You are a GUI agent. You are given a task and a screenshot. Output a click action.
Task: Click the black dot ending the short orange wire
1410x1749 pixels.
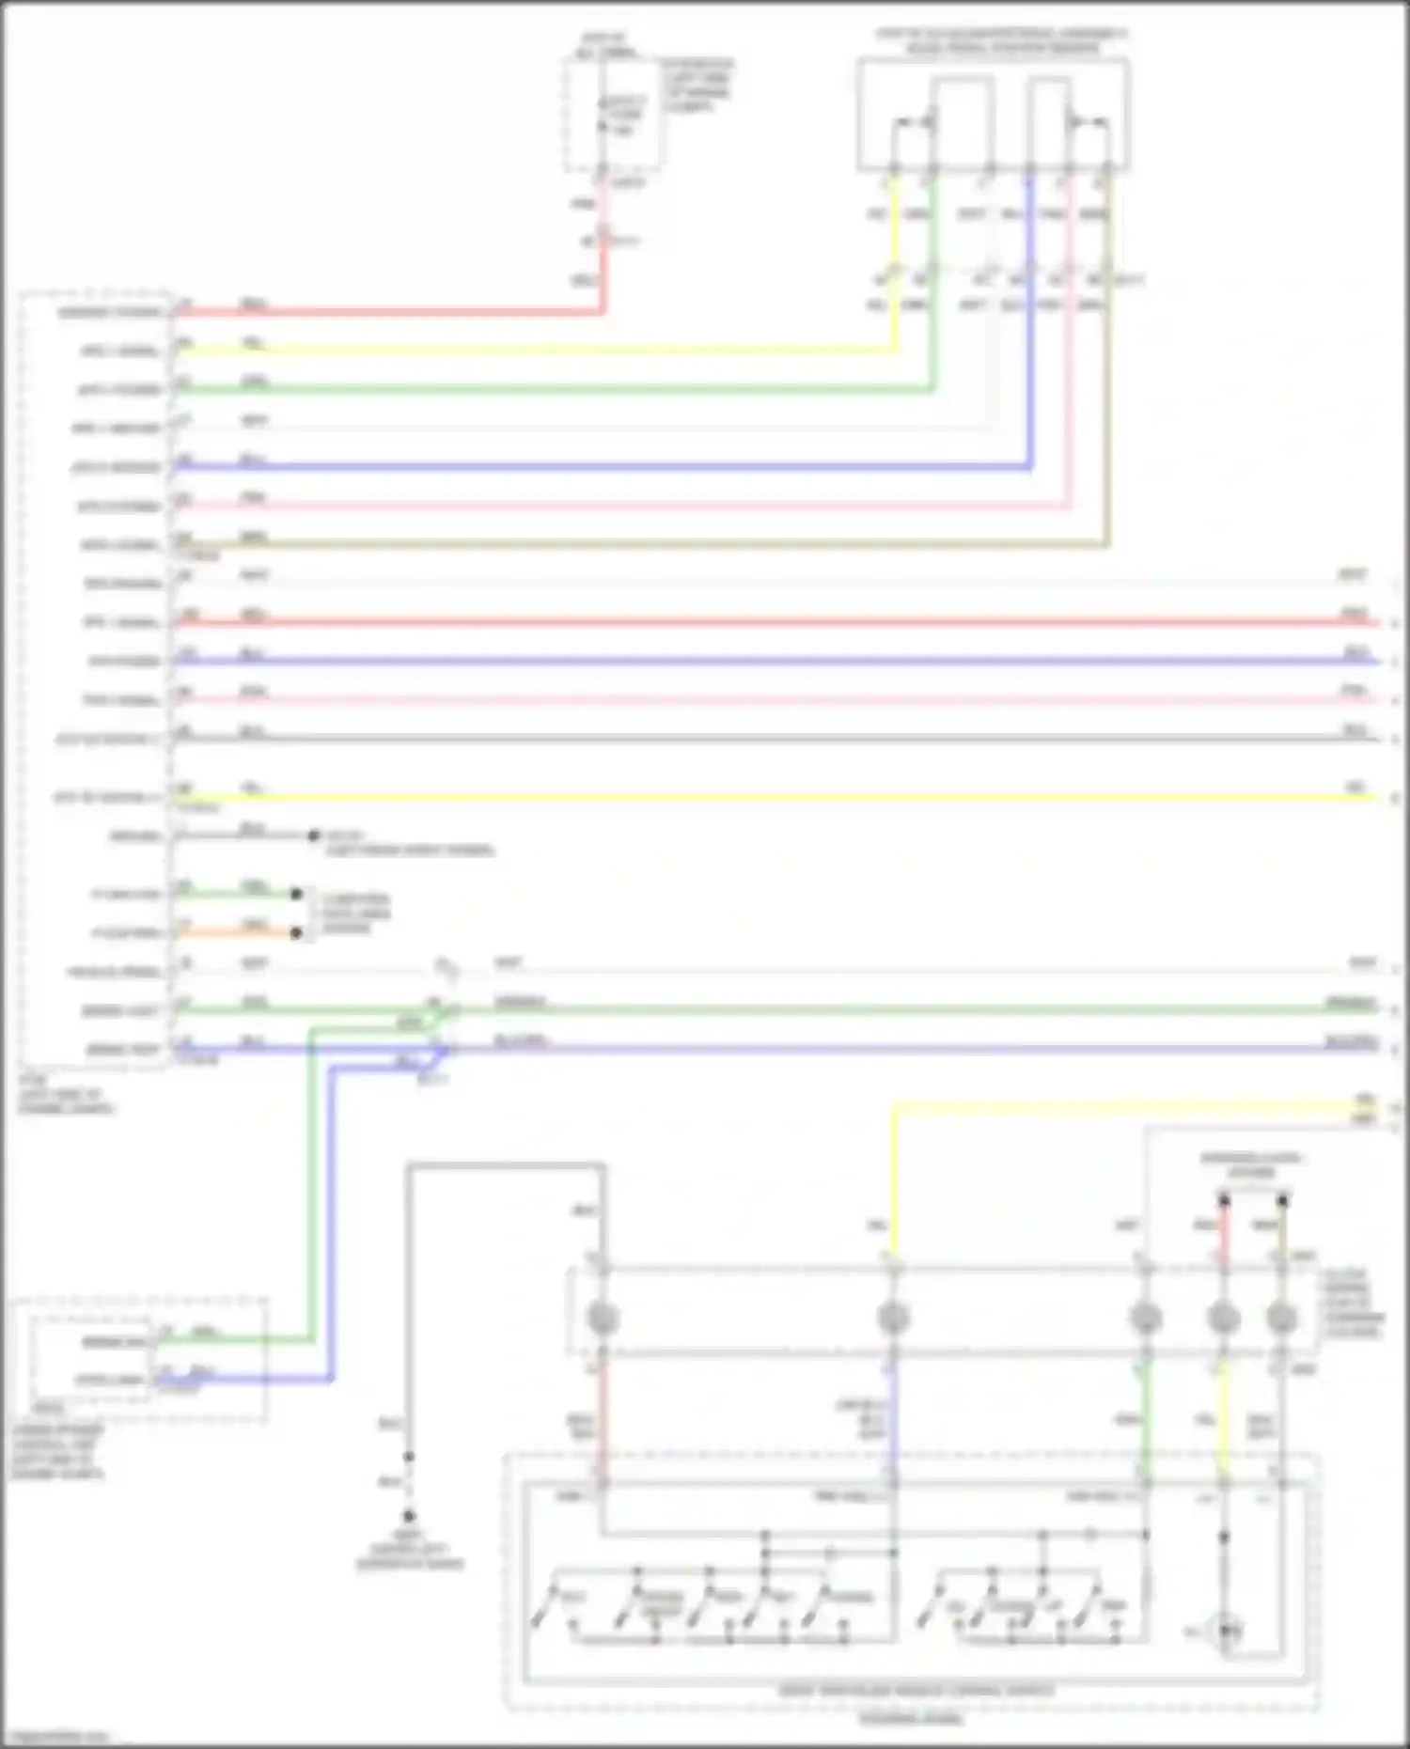coord(297,932)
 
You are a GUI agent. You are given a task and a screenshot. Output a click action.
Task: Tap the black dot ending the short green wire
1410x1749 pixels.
coord(297,894)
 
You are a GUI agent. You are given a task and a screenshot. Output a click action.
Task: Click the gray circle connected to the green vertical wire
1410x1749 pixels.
coord(1145,1319)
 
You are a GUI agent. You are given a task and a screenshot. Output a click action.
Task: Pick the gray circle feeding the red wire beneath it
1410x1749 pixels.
coord(603,1319)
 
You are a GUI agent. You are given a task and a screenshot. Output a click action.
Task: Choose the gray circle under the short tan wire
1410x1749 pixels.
coord(1282,1319)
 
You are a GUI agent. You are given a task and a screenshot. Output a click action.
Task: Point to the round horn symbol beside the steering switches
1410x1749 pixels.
coord(1227,1632)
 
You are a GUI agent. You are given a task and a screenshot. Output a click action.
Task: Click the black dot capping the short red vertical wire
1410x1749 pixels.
coord(1224,1201)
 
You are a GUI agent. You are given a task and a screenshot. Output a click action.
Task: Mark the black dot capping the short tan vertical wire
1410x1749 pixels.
coord(1282,1201)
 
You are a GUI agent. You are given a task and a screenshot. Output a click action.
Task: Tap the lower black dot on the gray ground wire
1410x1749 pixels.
coord(409,1515)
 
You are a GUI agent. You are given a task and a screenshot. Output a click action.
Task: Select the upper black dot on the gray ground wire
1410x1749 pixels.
coord(409,1457)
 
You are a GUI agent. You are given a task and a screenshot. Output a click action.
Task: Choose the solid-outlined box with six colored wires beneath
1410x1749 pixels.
coord(993,115)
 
